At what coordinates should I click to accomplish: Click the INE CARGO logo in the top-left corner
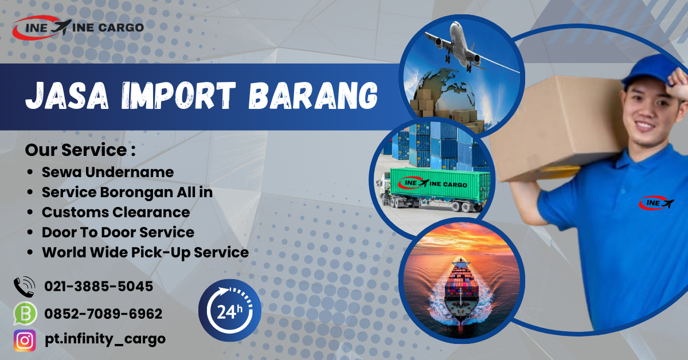(77, 26)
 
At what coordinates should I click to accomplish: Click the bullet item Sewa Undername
(107, 171)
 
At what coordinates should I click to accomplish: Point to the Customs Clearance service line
(115, 212)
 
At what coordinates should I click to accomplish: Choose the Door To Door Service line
(118, 232)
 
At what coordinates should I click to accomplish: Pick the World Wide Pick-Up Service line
(145, 252)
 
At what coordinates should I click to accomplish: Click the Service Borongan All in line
(127, 192)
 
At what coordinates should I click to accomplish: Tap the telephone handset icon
(24, 286)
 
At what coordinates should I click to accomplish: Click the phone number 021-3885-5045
(99, 286)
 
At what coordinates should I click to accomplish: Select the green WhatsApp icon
(24, 314)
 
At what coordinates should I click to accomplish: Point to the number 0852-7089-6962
(103, 314)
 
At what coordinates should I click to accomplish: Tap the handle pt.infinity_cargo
(105, 339)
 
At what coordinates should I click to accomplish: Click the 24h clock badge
(230, 311)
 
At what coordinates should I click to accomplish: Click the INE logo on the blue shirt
(656, 202)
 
